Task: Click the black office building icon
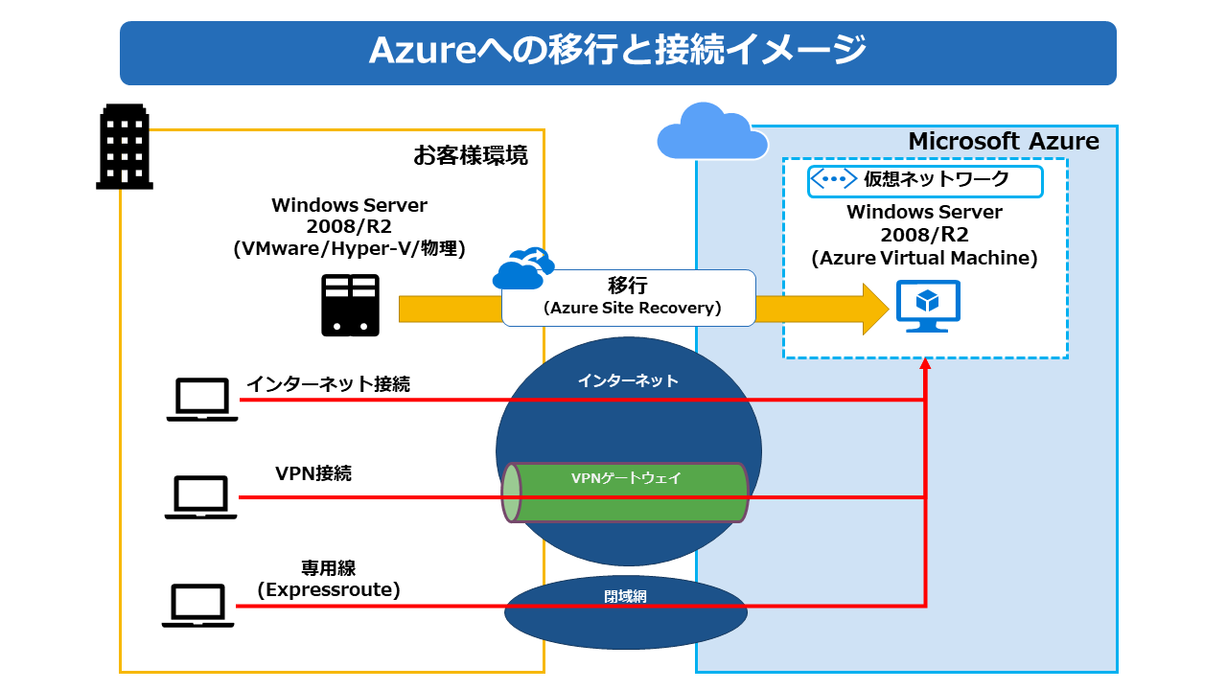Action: point(125,146)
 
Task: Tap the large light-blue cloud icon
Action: point(712,131)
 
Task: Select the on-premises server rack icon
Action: point(350,305)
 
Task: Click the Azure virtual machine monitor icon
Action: point(928,305)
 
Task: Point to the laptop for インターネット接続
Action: point(202,399)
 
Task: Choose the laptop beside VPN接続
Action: point(200,497)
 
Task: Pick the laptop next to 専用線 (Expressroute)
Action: point(198,605)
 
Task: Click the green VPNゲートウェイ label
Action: point(626,478)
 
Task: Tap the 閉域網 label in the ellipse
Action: point(625,596)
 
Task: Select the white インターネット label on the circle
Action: point(628,380)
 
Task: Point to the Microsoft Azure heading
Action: point(1003,142)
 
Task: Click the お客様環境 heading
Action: point(470,155)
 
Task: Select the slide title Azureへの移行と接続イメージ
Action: point(617,51)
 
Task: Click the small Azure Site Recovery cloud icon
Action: point(523,268)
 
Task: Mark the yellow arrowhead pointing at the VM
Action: point(875,309)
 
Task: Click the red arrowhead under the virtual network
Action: point(925,365)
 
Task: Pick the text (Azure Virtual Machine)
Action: point(924,258)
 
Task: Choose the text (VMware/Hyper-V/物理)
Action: point(349,249)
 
